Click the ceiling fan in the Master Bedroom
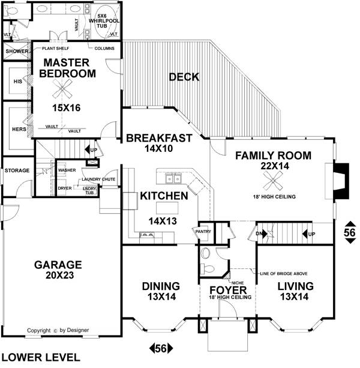click(x=62, y=88)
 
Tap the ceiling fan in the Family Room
click(x=273, y=181)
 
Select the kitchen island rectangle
click(x=167, y=208)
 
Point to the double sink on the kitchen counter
click(x=173, y=179)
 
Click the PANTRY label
click(x=203, y=231)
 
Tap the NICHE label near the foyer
click(x=238, y=283)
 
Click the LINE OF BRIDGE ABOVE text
click(x=284, y=274)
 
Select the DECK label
click(x=184, y=77)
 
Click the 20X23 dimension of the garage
click(x=59, y=275)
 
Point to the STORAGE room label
click(x=17, y=170)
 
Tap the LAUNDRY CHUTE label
click(x=98, y=179)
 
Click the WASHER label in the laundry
click(x=67, y=170)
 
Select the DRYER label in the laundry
click(x=65, y=189)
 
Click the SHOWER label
click(x=17, y=51)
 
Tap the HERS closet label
click(x=19, y=129)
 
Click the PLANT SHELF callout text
click(x=56, y=49)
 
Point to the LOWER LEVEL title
click(x=41, y=357)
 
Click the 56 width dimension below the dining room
click(x=161, y=348)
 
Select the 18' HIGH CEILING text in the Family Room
click(x=274, y=197)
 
